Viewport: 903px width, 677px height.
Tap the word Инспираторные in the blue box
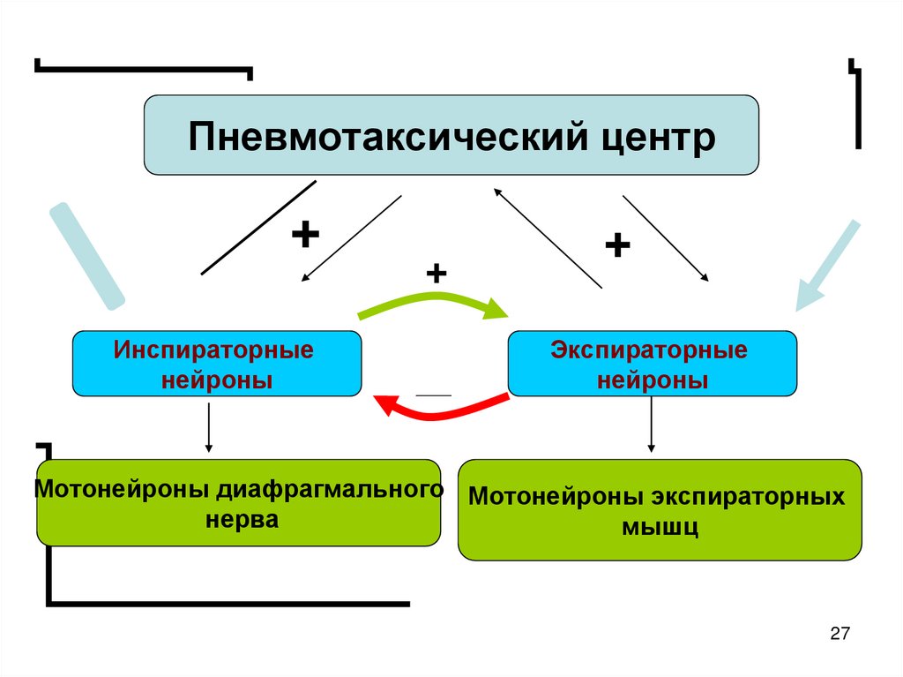tap(213, 350)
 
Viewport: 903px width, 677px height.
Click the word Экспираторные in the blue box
tap(650, 350)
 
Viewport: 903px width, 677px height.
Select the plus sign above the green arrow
tap(436, 274)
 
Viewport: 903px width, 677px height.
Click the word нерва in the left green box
tap(242, 519)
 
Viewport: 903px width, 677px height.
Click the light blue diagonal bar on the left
tap(86, 256)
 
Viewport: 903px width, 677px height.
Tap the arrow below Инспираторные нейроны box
tap(209, 428)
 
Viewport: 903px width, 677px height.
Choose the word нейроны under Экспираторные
tap(653, 380)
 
